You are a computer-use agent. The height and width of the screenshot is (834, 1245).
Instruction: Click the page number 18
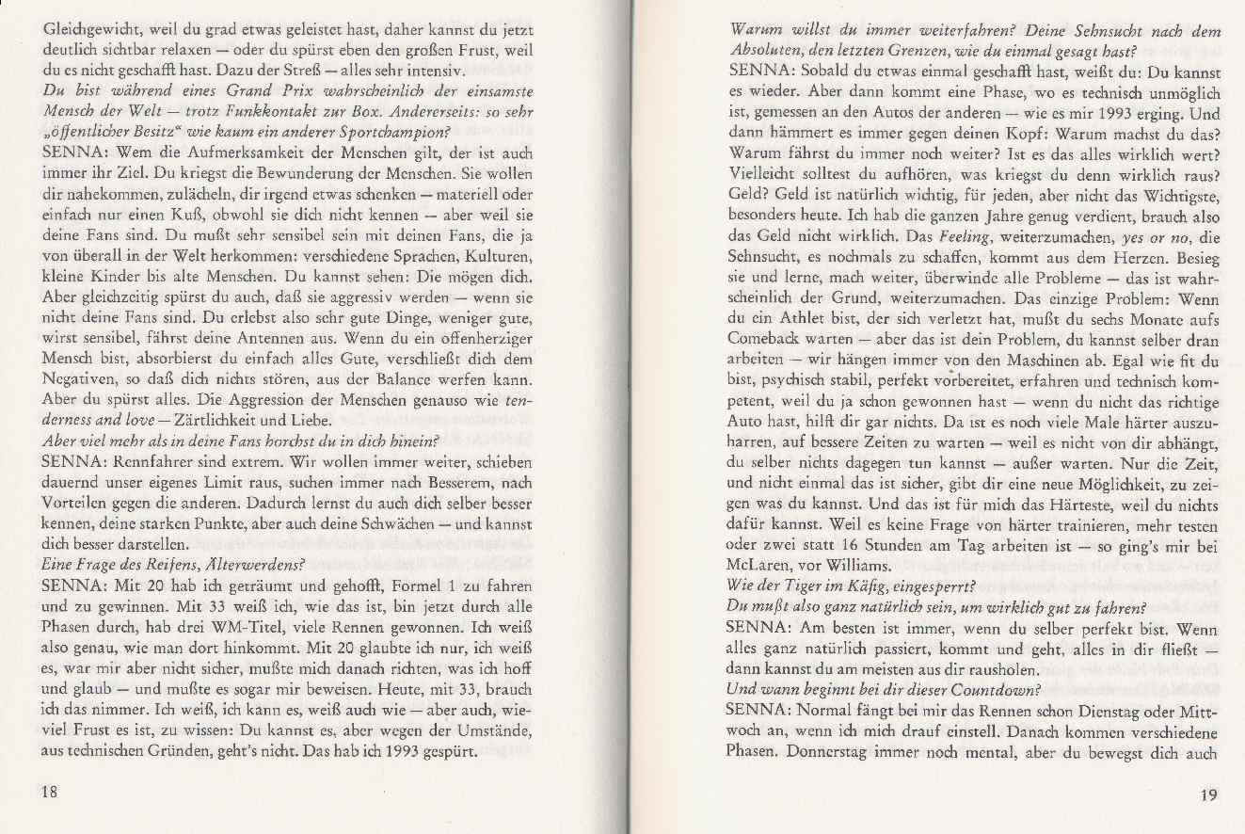(x=51, y=793)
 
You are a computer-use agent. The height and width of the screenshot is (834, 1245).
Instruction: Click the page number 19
(x=1208, y=794)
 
